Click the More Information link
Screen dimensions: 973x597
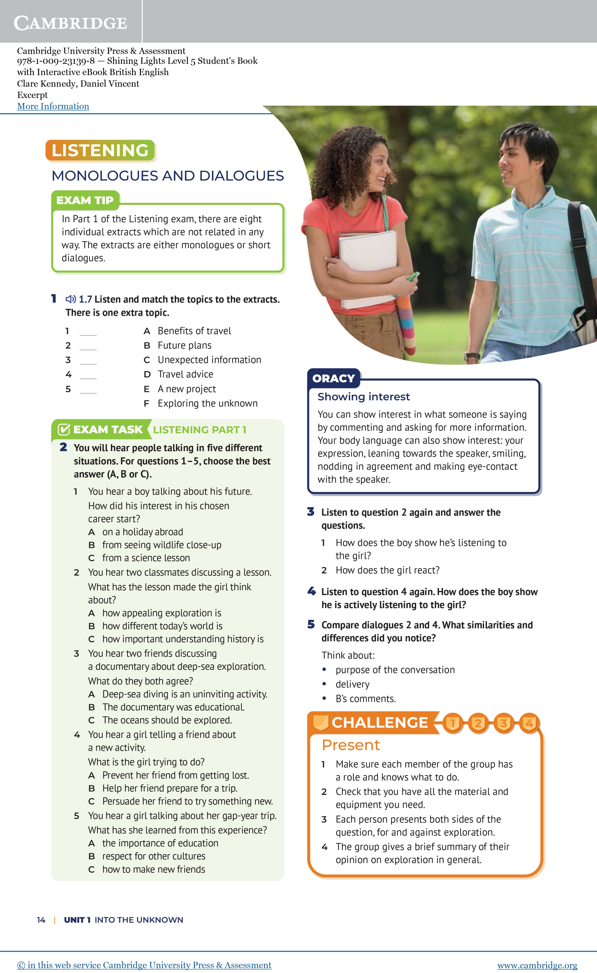click(53, 106)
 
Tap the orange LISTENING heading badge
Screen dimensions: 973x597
click(100, 150)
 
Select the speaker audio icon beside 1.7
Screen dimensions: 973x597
click(71, 299)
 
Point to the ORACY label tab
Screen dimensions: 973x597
click(334, 378)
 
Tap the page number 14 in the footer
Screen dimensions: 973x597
click(41, 920)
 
